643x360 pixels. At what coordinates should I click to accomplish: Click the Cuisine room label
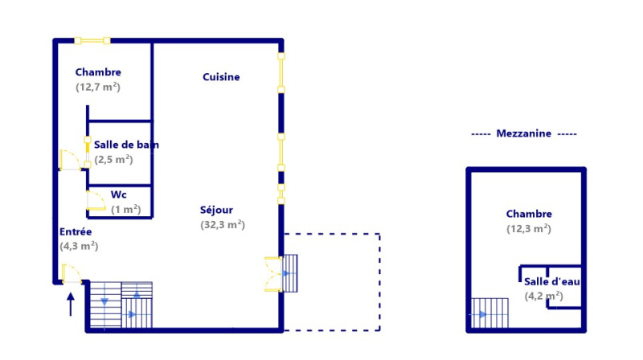click(221, 77)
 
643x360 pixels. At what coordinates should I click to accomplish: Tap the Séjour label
click(216, 211)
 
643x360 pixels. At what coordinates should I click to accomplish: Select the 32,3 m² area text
click(223, 225)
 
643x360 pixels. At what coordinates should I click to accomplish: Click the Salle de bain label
click(126, 145)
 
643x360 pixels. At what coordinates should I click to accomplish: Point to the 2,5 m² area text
click(113, 159)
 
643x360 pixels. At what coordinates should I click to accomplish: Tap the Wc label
click(119, 194)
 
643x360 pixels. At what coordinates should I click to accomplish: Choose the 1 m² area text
click(126, 209)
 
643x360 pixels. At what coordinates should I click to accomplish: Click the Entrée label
click(76, 232)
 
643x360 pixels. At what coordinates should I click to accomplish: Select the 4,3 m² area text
click(79, 247)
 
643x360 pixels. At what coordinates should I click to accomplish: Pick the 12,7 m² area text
click(98, 87)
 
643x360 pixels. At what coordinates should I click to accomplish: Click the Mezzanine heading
click(524, 134)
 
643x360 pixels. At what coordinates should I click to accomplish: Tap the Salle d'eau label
click(552, 282)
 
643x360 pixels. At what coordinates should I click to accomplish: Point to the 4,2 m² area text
click(544, 296)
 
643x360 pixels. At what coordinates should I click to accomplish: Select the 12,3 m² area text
click(529, 229)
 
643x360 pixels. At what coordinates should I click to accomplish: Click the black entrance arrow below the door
click(71, 303)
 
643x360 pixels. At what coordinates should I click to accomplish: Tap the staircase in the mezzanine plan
click(489, 313)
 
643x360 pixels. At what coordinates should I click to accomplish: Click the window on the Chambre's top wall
click(92, 40)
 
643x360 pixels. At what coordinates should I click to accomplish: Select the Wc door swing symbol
click(96, 201)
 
